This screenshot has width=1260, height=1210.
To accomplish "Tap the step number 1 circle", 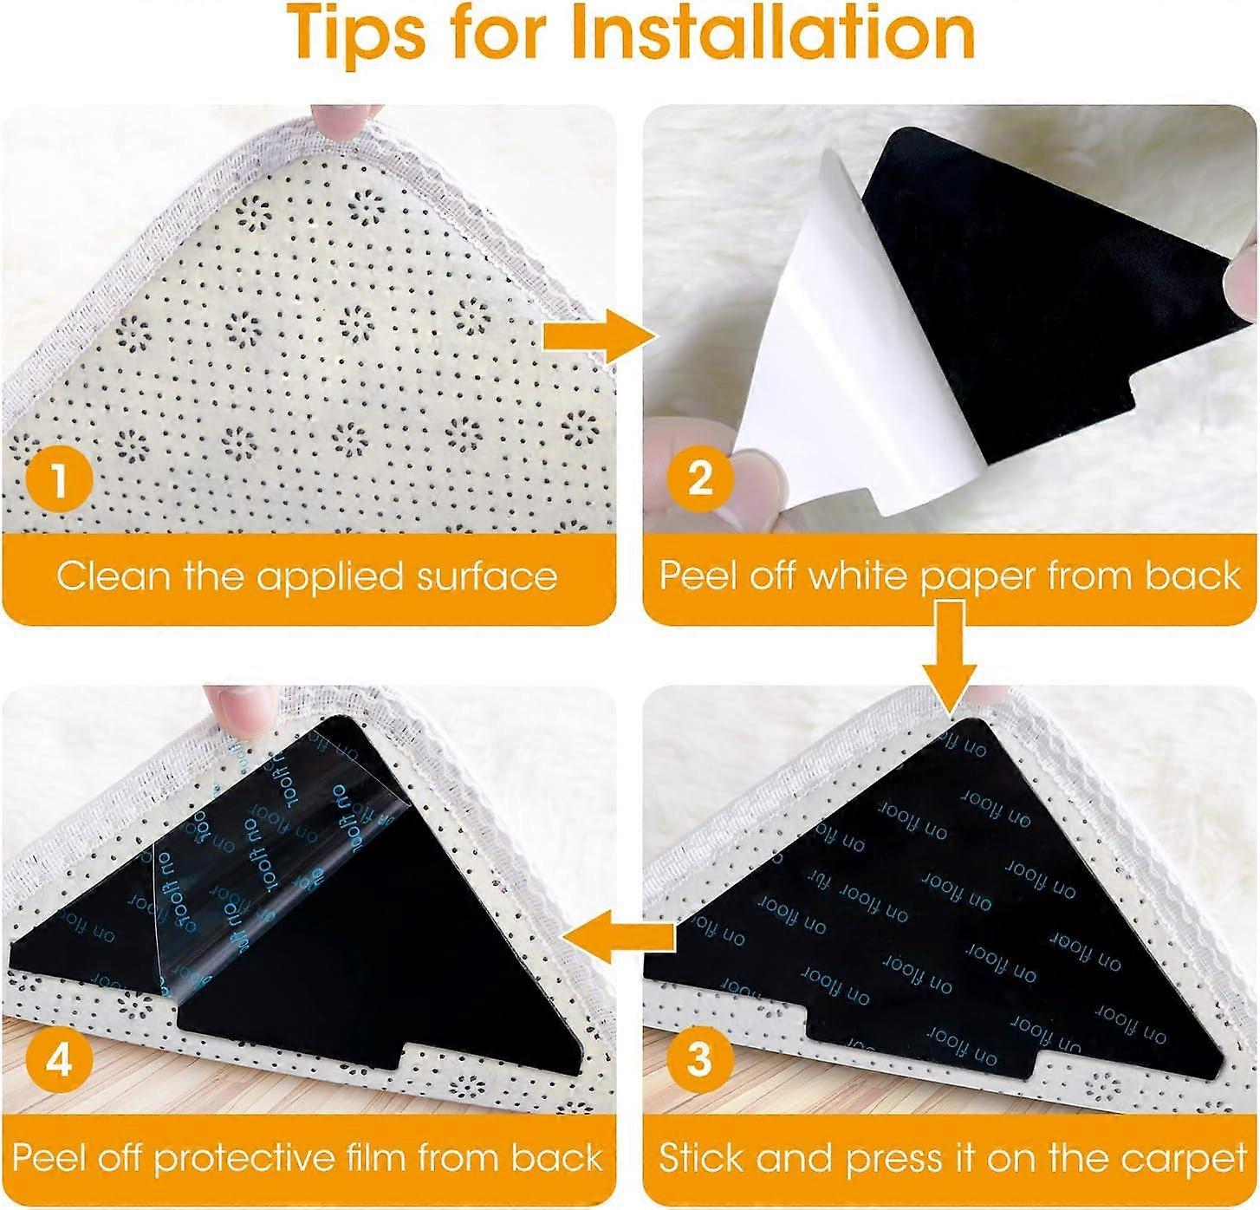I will (59, 478).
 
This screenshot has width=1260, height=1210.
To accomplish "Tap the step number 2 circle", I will (698, 478).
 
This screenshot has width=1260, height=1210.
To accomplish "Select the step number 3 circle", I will (698, 1059).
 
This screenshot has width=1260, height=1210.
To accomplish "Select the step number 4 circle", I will (59, 1059).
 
